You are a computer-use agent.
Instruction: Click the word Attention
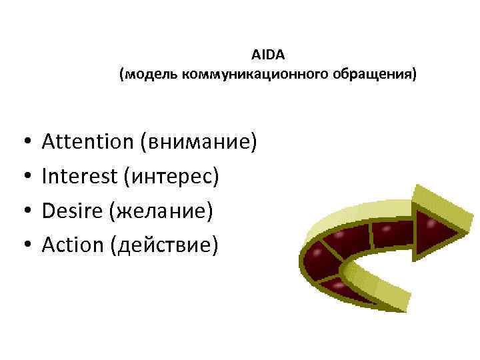[87, 141]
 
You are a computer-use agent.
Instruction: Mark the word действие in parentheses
[167, 246]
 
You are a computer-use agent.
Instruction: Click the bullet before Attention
[23, 143]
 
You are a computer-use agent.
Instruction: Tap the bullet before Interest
[23, 177]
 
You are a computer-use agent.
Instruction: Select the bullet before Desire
[23, 212]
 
